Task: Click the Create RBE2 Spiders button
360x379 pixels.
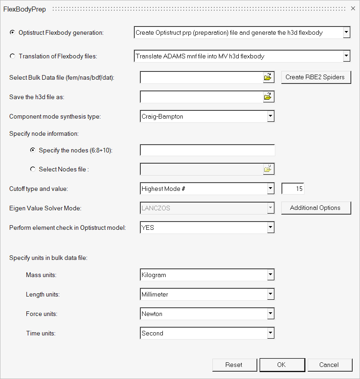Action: [x=315, y=77]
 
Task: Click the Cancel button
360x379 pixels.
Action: [x=329, y=365]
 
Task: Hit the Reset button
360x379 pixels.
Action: [x=234, y=365]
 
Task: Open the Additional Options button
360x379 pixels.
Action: [x=315, y=208]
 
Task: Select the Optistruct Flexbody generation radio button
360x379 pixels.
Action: [x=12, y=32]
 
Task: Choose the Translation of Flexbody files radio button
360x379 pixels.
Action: [x=12, y=57]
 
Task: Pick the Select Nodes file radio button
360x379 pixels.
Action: [x=33, y=169]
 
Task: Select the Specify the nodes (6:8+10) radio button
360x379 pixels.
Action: [x=33, y=150]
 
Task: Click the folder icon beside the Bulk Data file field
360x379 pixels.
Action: [x=268, y=77]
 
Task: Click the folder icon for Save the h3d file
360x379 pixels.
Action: [x=268, y=97]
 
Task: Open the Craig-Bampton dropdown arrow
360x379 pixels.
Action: [x=271, y=116]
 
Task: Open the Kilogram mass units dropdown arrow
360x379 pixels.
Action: [x=271, y=275]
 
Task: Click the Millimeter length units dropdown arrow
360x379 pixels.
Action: [x=271, y=294]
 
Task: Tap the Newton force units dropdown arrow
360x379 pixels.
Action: [x=271, y=314]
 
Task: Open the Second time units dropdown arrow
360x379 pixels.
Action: [x=271, y=333]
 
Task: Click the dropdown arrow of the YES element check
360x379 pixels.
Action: [x=271, y=227]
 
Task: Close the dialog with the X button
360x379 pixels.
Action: [x=353, y=9]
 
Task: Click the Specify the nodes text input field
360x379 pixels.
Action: [x=207, y=150]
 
